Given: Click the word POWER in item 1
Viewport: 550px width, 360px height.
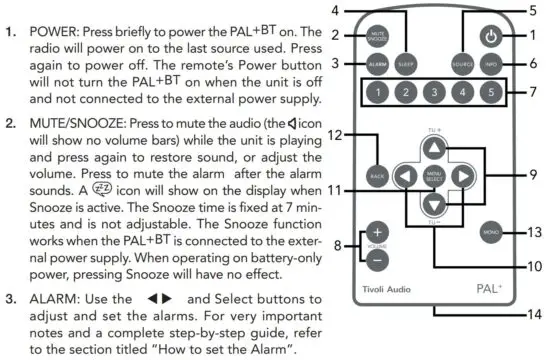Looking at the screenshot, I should pos(57,20).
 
